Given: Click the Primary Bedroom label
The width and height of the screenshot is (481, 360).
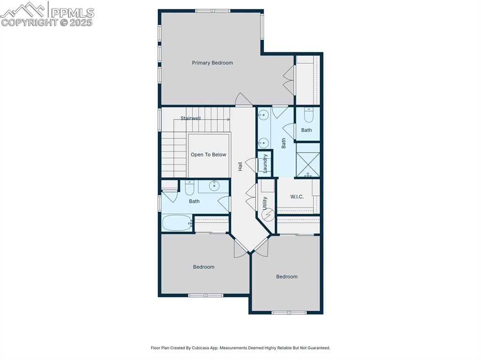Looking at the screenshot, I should [212, 63].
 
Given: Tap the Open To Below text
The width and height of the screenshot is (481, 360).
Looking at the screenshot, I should [208, 155].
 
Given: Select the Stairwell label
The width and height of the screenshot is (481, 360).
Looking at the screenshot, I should [191, 119].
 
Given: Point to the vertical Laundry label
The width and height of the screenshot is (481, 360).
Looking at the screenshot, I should [265, 164].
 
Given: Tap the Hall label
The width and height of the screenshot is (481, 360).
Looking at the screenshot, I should [240, 166].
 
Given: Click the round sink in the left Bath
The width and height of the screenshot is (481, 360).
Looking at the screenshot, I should [215, 186].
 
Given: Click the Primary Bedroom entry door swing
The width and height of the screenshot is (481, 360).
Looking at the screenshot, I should [243, 100].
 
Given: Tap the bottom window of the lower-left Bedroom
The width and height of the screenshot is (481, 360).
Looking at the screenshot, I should [205, 295].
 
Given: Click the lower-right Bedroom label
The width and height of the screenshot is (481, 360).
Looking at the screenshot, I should [287, 277].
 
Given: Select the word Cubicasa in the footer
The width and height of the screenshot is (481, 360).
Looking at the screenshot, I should [198, 348].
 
